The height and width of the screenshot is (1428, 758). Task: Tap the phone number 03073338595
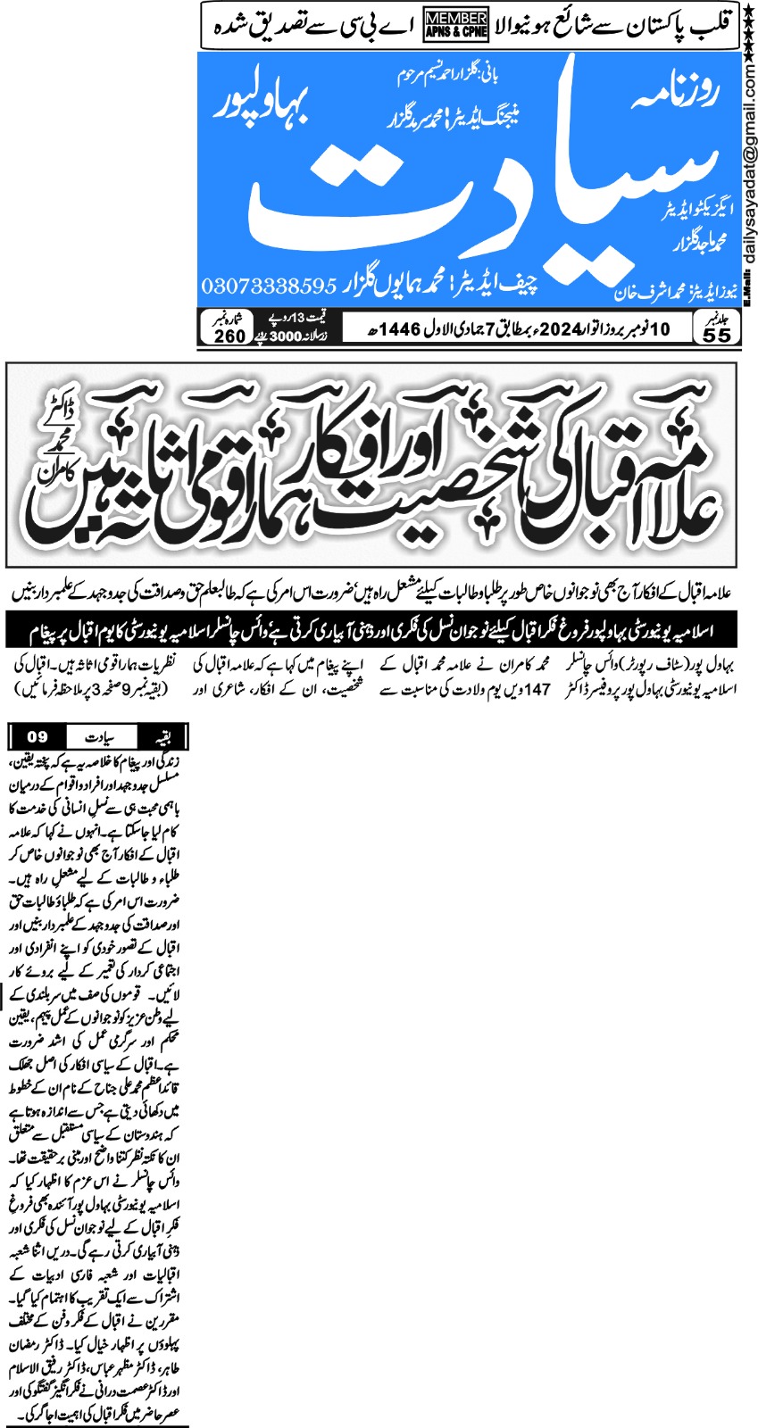tap(269, 286)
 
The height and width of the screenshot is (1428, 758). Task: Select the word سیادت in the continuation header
tap(100, 737)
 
